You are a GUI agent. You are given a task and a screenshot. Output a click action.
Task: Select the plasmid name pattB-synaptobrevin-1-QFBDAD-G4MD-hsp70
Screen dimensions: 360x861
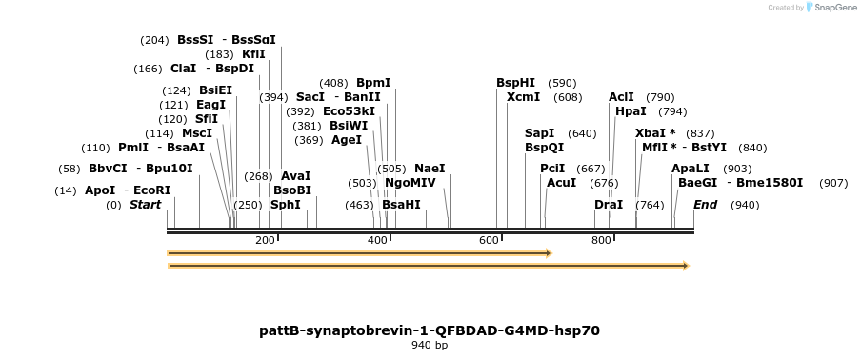click(430, 330)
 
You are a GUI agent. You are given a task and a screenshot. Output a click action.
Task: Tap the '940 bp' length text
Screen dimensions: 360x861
click(430, 346)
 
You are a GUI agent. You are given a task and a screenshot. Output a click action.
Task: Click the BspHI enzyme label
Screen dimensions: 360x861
click(515, 83)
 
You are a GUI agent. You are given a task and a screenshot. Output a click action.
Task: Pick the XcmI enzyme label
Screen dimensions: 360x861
click(523, 97)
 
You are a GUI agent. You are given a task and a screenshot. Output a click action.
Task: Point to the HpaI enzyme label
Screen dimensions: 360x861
click(631, 111)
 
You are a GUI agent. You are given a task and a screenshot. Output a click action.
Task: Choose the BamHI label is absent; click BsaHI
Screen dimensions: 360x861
click(401, 205)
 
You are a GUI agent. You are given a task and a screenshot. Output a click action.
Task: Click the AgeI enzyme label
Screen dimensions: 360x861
click(347, 140)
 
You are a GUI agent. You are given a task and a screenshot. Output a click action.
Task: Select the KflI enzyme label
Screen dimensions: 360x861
click(253, 54)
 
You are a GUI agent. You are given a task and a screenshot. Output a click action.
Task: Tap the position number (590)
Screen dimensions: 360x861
click(562, 83)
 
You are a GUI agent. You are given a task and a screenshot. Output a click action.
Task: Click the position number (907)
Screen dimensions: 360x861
click(833, 183)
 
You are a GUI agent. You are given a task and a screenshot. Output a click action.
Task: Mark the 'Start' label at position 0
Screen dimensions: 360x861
click(145, 205)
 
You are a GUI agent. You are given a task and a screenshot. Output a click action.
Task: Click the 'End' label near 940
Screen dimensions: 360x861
click(705, 205)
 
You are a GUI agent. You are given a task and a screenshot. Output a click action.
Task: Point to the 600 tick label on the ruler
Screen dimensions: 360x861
click(490, 240)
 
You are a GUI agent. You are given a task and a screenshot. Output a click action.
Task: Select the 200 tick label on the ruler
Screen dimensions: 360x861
click(266, 240)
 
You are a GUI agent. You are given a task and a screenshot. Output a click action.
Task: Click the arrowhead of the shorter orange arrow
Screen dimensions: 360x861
click(549, 253)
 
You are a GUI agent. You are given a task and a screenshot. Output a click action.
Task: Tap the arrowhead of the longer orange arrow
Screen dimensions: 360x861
click(686, 266)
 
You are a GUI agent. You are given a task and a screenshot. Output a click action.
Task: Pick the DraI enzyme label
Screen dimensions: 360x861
click(608, 205)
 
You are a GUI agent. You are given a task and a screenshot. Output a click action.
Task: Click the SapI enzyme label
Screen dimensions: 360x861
click(539, 133)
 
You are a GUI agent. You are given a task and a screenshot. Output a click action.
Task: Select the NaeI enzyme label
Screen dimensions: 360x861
click(430, 169)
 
